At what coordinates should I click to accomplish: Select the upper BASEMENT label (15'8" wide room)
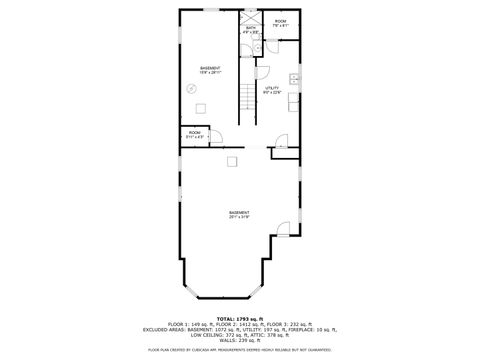[211, 70]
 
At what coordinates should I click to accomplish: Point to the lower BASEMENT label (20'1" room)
[239, 214]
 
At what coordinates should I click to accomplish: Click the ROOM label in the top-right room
[281, 23]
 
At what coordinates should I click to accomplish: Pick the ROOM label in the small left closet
[194, 134]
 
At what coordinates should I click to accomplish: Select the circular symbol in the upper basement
[192, 88]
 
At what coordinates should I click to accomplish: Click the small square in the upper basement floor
[200, 109]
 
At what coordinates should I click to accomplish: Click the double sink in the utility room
[295, 79]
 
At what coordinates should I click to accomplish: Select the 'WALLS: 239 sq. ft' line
[240, 340]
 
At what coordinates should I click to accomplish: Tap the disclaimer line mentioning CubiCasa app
[239, 350]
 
